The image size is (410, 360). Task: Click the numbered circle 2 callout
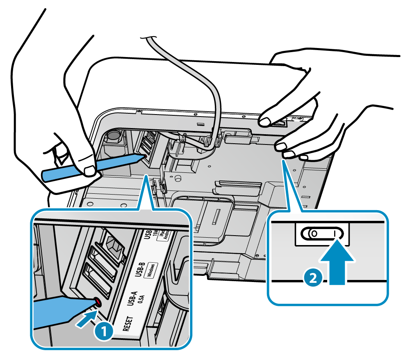tap(312, 278)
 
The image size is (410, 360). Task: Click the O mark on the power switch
tap(314, 234)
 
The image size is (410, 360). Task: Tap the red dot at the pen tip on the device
tap(144, 156)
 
